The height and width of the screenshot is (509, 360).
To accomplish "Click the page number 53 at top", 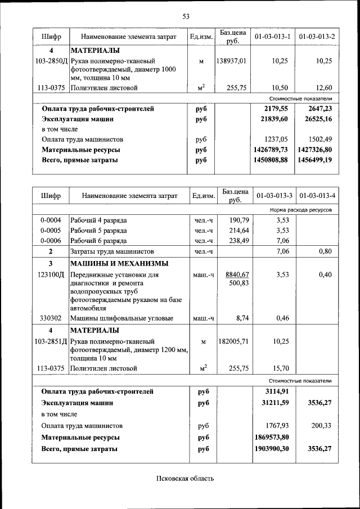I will [x=186, y=16].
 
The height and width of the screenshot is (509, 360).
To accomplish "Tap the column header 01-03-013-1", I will [x=272, y=37].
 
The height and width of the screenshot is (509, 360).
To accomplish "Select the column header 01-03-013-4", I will [x=317, y=196].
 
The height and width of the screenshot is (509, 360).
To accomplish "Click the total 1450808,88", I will [x=271, y=160].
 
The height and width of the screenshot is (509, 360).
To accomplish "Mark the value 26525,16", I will [x=316, y=119].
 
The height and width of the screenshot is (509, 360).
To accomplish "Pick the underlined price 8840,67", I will [x=237, y=274].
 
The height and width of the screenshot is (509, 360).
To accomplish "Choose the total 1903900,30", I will [x=271, y=449].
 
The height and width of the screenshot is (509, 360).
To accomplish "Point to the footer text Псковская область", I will [x=185, y=479].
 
